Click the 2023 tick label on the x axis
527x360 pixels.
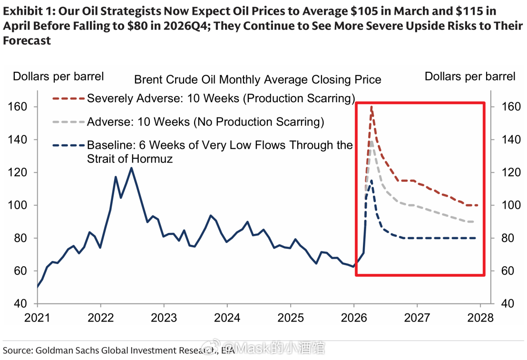coord(164,317)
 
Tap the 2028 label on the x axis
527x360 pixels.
coord(480,317)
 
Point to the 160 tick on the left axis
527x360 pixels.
coord(18,107)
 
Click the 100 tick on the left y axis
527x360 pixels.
coord(18,205)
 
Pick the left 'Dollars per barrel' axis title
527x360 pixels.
coord(58,76)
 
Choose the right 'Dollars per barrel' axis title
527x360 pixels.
coord(470,76)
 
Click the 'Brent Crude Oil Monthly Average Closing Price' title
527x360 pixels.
coord(258,79)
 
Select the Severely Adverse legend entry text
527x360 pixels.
coord(221,98)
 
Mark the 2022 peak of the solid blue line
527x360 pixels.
coord(131,168)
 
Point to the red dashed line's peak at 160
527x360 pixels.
coord(371,107)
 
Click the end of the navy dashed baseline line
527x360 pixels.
coord(476,238)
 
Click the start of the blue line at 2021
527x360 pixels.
coord(38,287)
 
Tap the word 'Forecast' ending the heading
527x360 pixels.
coord(27,40)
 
